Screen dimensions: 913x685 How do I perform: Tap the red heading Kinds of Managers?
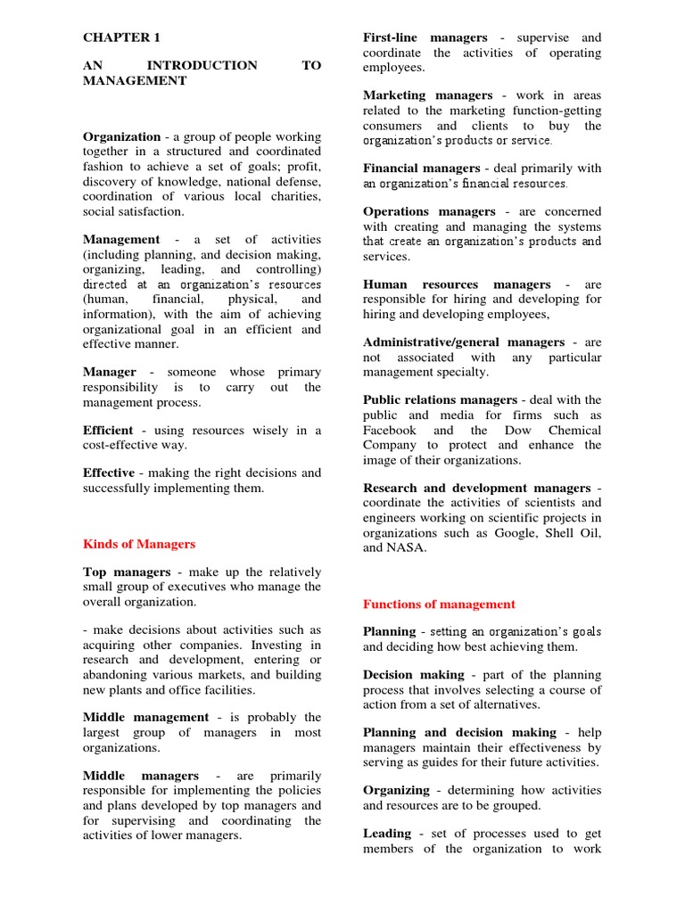point(138,544)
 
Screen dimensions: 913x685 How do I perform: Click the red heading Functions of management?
point(439,605)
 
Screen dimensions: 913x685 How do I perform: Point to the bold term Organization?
point(121,137)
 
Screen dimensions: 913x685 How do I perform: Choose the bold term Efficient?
point(108,430)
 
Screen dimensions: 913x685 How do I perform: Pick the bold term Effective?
point(109,473)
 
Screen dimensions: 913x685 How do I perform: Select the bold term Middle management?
point(144,718)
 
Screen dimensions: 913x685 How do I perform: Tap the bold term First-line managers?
point(425,37)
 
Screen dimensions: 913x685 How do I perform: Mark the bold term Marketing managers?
point(427,95)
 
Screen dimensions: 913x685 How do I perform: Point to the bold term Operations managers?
point(429,212)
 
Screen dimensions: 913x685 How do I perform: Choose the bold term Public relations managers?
point(440,400)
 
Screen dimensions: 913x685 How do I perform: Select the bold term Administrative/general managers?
point(464,342)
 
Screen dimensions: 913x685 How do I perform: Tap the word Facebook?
point(389,430)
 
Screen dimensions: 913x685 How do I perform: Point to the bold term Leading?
point(387,834)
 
